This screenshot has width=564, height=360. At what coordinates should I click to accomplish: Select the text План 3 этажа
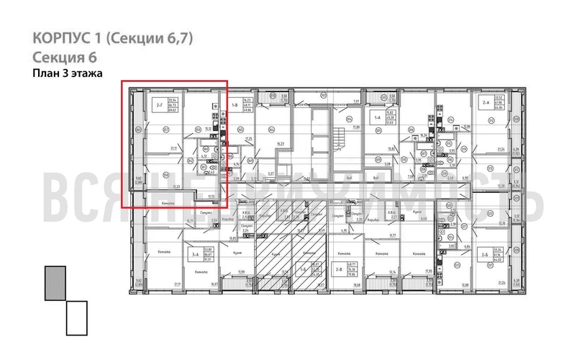coord(68,73)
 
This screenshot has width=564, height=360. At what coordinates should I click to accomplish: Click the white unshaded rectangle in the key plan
coord(76,318)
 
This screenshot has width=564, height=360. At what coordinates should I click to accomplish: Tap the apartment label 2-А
coord(484,103)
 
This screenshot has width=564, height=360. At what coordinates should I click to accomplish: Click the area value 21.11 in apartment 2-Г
coord(173,149)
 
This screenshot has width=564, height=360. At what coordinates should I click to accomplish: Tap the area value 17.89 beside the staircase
coord(355,127)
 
